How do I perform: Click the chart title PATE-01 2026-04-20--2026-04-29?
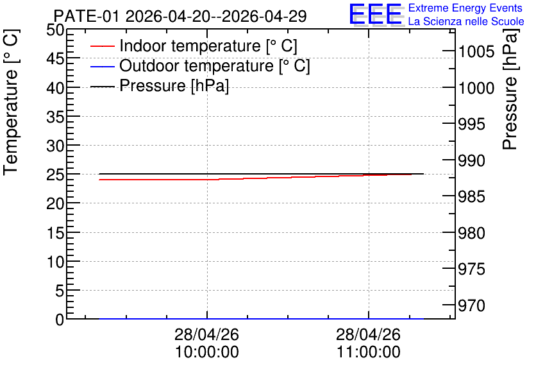(180, 16)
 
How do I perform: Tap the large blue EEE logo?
(376, 14)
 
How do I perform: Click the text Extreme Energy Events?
(465, 8)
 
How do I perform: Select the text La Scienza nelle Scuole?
(466, 21)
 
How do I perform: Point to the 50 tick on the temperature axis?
(55, 30)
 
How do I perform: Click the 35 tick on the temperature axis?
(55, 117)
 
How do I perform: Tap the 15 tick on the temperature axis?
(55, 233)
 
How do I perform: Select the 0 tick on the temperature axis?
(60, 320)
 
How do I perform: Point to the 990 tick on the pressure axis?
(471, 160)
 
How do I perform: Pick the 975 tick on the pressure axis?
(471, 269)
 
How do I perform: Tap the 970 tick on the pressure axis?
(471, 305)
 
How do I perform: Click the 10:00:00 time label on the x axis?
(207, 352)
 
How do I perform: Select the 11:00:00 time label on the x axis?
(369, 352)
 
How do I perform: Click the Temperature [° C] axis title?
(11, 102)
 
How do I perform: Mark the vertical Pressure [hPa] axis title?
(510, 89)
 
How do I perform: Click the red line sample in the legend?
(102, 46)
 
